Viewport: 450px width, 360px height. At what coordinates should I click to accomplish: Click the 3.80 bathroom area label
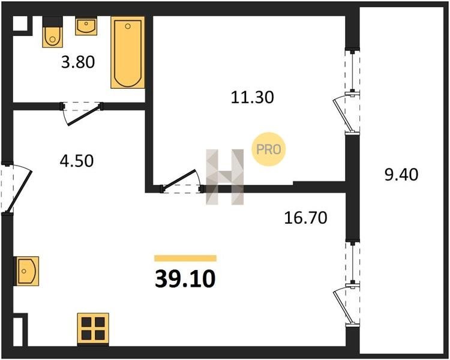point(78,62)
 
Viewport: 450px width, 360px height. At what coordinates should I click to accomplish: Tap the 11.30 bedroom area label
point(252,97)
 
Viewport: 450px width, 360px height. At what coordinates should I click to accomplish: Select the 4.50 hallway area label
point(77,161)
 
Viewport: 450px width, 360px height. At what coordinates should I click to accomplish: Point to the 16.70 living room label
point(305,218)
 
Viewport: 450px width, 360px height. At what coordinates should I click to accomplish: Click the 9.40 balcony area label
point(401,175)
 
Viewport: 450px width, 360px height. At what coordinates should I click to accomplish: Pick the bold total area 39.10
point(185,279)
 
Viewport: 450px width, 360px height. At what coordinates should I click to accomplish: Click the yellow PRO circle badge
point(269,149)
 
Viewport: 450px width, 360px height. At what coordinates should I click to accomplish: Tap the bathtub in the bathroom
point(128,53)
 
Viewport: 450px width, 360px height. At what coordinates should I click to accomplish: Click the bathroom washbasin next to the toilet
point(86,26)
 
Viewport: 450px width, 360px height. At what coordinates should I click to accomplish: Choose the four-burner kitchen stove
point(93,329)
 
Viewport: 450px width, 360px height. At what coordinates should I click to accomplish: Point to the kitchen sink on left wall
point(26,271)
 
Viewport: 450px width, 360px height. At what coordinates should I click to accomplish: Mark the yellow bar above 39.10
point(185,258)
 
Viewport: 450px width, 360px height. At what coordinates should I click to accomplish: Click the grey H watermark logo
point(225,177)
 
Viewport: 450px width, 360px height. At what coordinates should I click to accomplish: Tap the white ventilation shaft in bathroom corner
point(20,23)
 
